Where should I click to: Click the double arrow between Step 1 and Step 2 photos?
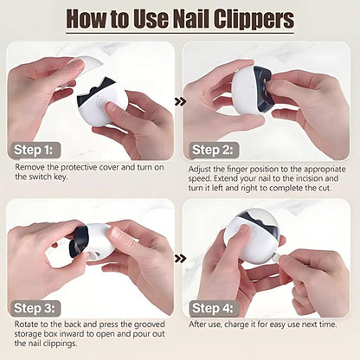(180, 101)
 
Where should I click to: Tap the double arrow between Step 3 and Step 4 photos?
(180, 258)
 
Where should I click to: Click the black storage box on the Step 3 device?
(78, 243)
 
